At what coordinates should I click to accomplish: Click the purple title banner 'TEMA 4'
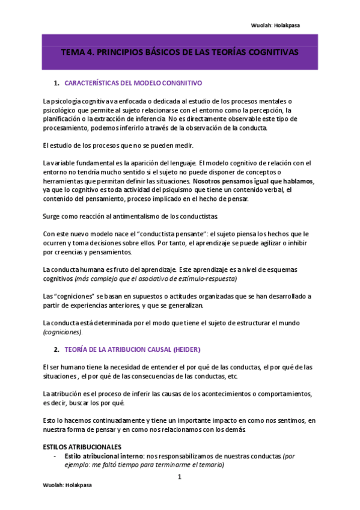[180, 52]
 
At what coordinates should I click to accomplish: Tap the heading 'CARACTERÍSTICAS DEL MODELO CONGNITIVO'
[133, 83]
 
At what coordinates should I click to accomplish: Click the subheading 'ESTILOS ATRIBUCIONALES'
[82, 447]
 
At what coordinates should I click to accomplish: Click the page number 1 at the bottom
[179, 478]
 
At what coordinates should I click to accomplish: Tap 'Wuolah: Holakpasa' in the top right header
[276, 25]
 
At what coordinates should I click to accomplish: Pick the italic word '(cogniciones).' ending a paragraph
[63, 332]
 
